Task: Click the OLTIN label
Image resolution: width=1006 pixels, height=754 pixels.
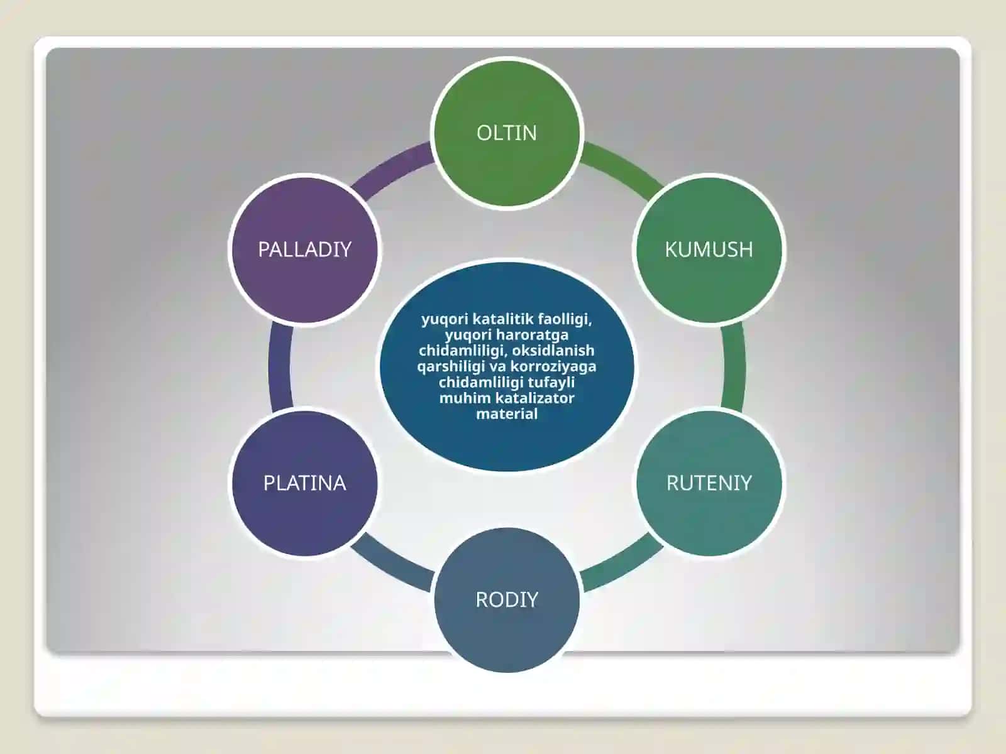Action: point(506,133)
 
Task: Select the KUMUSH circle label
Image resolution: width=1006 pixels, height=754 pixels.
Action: point(709,250)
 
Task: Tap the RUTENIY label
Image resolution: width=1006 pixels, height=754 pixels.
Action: point(709,483)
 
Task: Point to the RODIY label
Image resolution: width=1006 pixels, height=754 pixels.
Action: point(507,599)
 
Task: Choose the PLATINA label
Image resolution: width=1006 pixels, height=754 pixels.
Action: point(305,483)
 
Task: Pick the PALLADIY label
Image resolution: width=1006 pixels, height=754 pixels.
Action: point(305,250)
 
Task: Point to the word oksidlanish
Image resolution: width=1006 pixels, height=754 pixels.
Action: point(553,350)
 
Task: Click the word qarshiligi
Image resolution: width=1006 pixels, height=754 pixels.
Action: point(450,367)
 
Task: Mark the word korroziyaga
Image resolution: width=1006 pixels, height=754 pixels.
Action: point(553,367)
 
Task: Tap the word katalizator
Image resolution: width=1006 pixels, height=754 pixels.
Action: point(530,398)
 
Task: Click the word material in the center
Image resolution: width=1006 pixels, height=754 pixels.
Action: point(507,414)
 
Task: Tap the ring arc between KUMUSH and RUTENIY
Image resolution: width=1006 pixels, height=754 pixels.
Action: point(733,366)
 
